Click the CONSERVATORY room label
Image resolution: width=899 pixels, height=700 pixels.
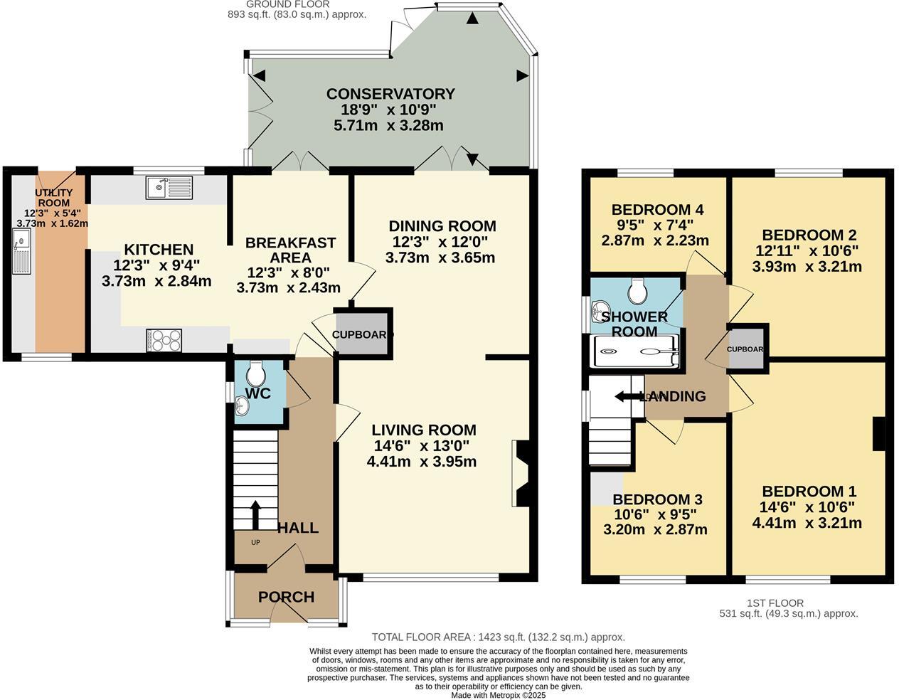(390, 94)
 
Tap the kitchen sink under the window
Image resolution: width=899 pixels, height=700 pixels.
(169, 188)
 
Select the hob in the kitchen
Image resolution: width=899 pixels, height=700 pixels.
(164, 340)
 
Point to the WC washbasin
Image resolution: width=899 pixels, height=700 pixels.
(242, 406)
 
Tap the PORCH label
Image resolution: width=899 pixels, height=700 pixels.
(286, 597)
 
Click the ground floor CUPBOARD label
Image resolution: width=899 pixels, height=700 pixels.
(363, 334)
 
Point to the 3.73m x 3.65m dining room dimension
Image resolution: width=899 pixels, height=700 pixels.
(440, 258)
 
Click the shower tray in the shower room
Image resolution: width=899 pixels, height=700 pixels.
(635, 351)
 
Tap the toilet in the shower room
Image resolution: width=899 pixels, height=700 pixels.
(637, 290)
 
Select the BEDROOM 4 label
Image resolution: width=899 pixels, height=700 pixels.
(657, 209)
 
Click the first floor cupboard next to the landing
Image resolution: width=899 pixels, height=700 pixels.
(745, 349)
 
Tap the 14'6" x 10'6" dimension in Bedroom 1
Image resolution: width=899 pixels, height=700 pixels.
(808, 507)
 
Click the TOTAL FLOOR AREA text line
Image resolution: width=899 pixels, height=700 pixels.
(498, 637)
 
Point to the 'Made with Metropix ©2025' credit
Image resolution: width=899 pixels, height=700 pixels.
(498, 695)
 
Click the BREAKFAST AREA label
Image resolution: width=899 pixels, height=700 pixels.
(289, 250)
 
